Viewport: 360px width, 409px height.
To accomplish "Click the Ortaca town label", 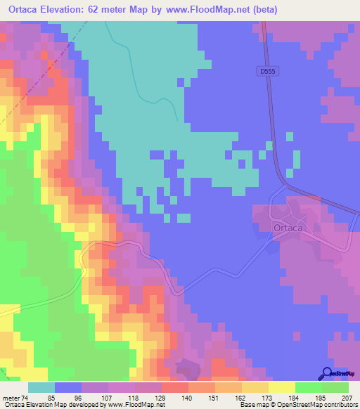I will [286, 228].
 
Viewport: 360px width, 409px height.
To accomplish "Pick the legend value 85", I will [51, 397].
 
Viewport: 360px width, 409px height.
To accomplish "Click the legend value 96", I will [78, 397].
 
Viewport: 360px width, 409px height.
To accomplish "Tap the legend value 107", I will [105, 397].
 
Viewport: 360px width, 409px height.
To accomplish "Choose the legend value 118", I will [131, 397].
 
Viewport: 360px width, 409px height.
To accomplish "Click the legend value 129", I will [158, 397].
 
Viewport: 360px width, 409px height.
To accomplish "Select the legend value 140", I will [185, 397].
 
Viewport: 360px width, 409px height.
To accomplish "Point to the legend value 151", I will [212, 397].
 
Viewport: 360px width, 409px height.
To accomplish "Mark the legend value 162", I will [238, 397].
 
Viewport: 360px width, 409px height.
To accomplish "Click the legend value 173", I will [265, 397].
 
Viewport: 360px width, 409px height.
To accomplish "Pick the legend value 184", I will [292, 397].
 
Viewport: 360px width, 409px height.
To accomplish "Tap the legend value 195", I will [319, 397].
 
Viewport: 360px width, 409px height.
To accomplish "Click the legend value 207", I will [345, 397].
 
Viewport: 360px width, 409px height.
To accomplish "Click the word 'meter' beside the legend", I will [10, 397].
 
